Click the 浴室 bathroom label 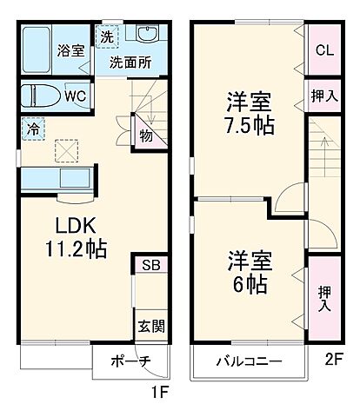tap(72, 50)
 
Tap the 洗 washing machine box tap(107, 37)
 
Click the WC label tap(74, 95)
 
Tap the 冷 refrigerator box tap(30, 127)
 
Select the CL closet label tap(322, 50)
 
